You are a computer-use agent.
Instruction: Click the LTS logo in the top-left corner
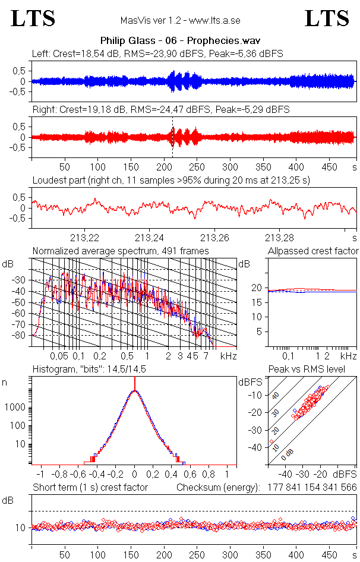click(x=33, y=18)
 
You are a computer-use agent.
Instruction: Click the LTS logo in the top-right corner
click(x=327, y=18)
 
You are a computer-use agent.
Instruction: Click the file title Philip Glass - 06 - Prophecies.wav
click(x=180, y=41)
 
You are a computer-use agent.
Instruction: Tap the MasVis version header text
click(x=179, y=20)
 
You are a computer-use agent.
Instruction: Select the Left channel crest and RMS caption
click(x=157, y=53)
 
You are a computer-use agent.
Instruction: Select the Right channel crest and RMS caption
click(x=161, y=109)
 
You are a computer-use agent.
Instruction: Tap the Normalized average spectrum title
click(x=121, y=251)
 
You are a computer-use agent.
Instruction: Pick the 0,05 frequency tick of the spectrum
click(x=59, y=356)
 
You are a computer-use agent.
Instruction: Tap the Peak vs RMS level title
click(x=307, y=370)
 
